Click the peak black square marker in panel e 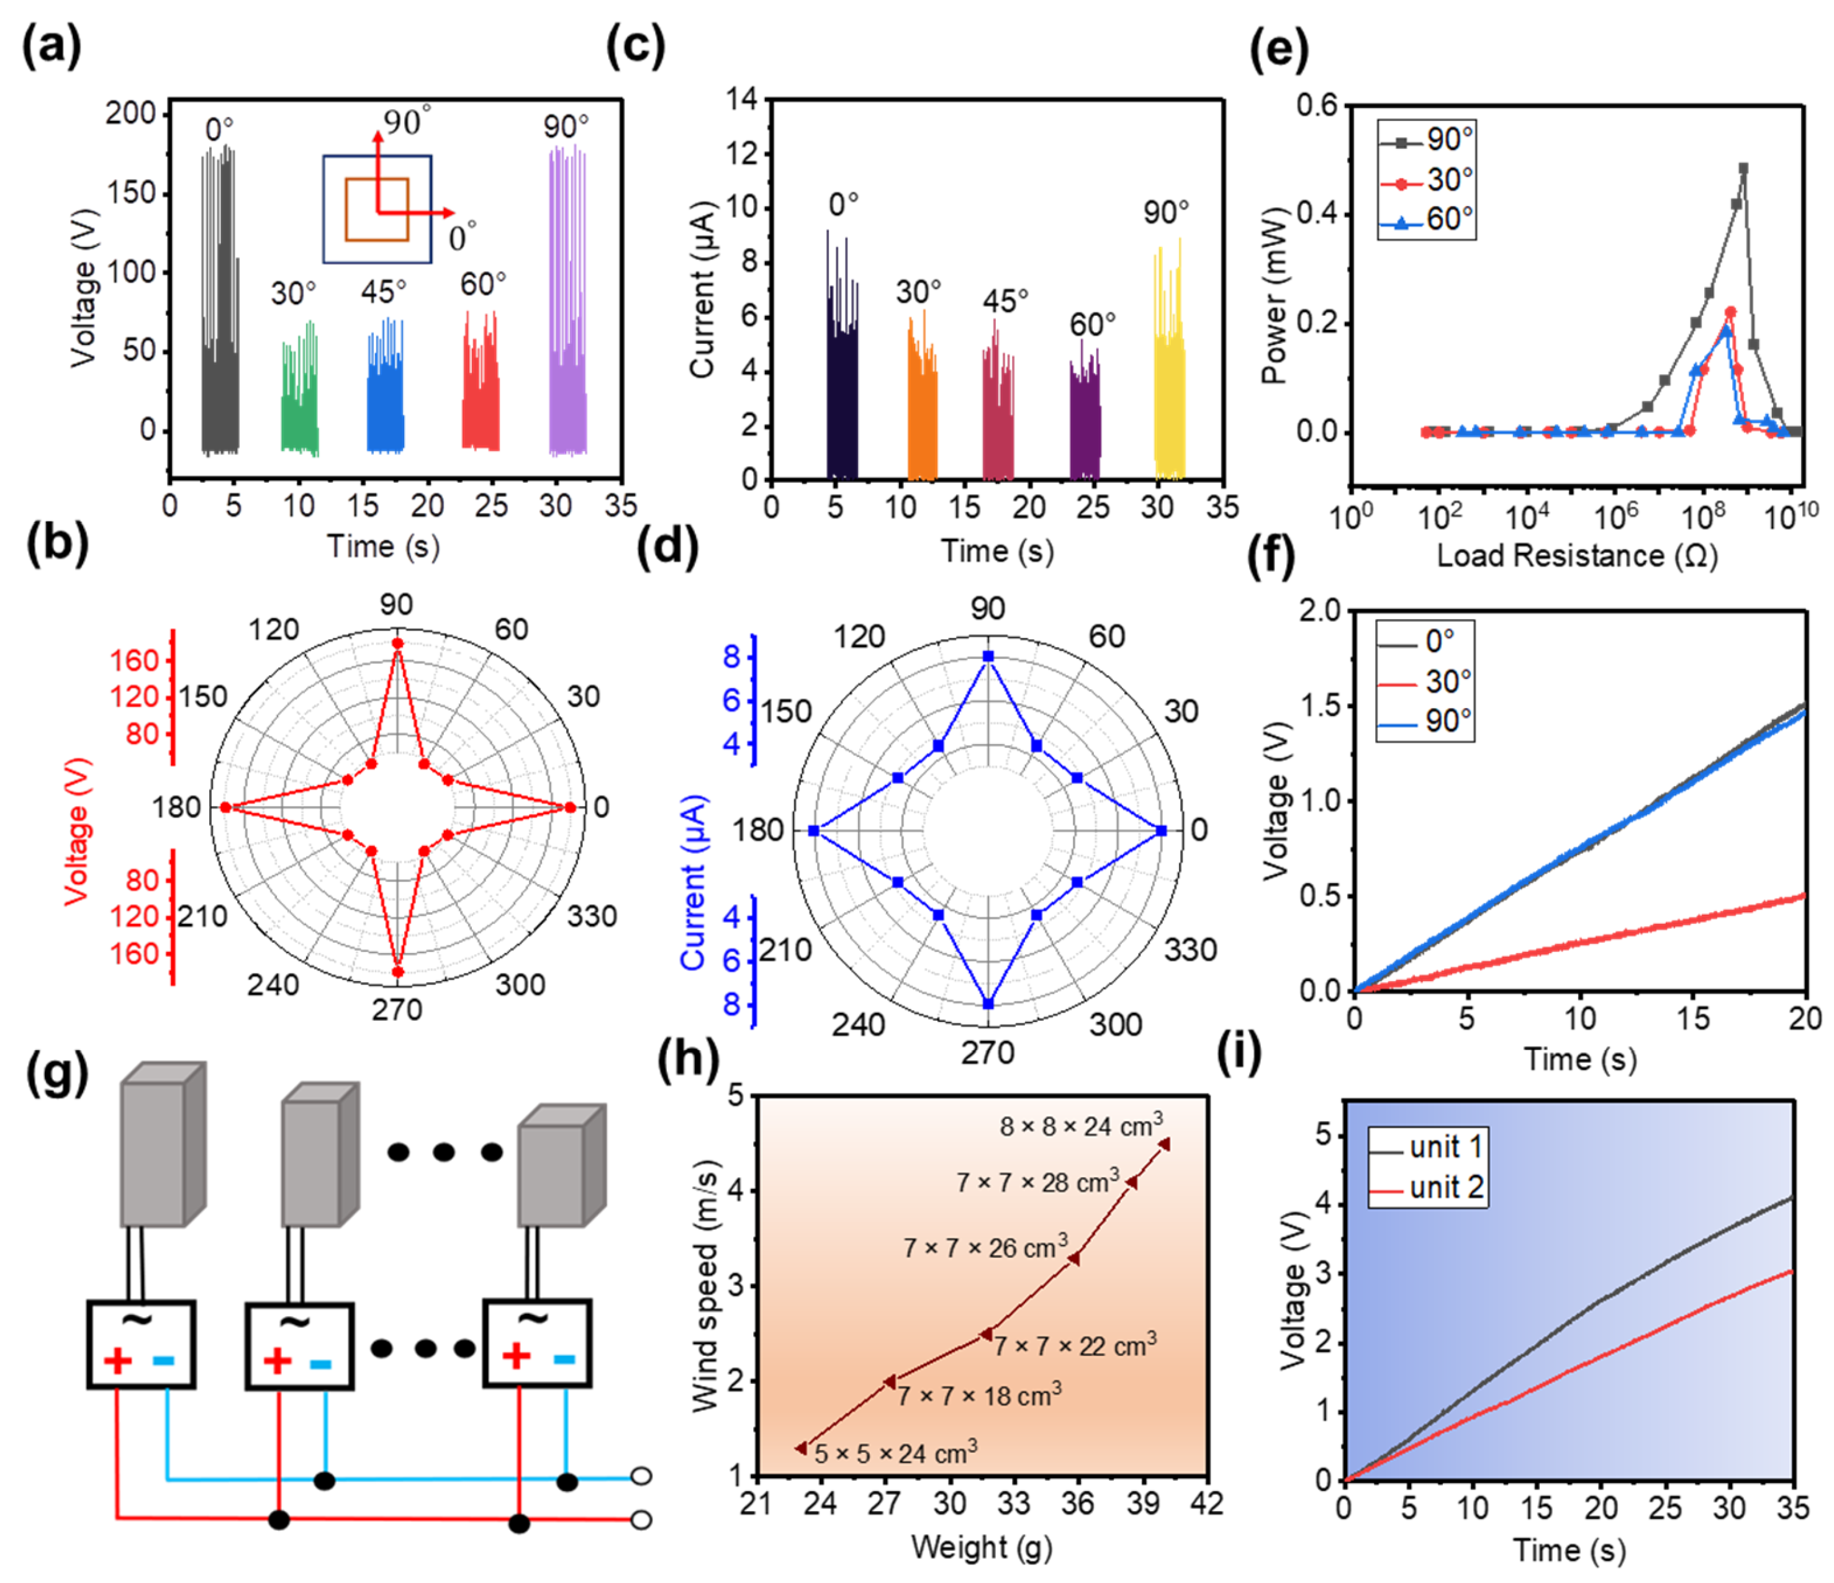[x=1743, y=168]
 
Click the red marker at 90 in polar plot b [x=397, y=644]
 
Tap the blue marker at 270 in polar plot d [x=988, y=1004]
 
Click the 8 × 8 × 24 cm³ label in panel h [x=1081, y=1126]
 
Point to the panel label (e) [x=1277, y=50]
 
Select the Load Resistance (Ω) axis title [x=1576, y=555]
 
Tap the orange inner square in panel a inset [x=377, y=210]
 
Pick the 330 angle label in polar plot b [x=591, y=916]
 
